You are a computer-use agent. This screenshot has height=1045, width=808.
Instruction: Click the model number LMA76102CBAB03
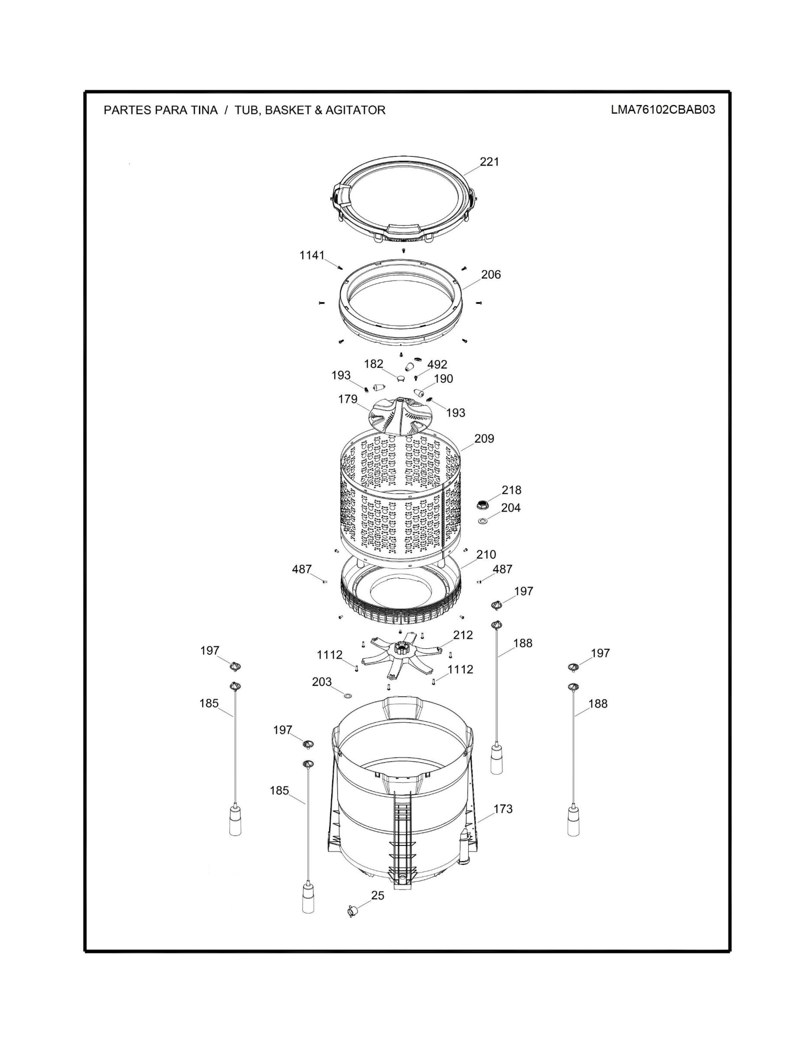pos(663,110)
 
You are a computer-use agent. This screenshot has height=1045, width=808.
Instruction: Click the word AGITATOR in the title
pos(355,110)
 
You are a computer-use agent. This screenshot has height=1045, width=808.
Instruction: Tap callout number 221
pos(489,162)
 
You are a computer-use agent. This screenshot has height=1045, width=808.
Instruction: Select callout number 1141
pos(312,256)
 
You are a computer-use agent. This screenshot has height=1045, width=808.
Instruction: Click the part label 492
pos(437,364)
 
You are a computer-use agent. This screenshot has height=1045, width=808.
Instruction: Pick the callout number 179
pos(348,399)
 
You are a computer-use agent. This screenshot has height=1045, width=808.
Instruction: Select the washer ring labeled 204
pos(483,520)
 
